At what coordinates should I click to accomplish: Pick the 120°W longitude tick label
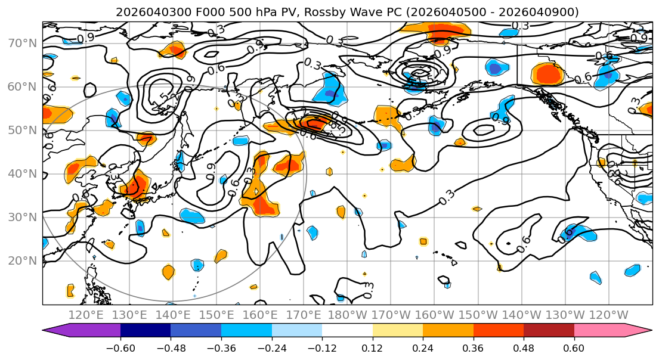[x=608, y=315]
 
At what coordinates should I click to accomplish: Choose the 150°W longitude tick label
[x=479, y=315]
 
